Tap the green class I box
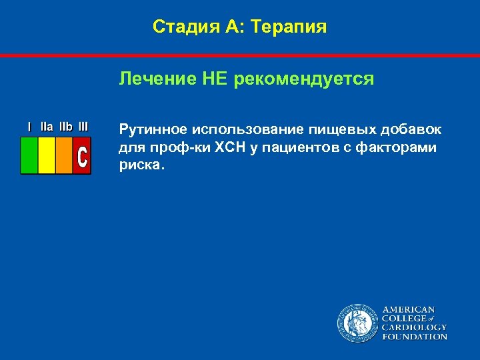pos(29,155)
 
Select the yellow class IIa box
pos(47,155)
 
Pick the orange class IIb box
pos(64,155)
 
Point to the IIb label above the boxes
pos(66,126)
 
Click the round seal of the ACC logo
pos(357,323)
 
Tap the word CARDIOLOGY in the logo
pos(414,327)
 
